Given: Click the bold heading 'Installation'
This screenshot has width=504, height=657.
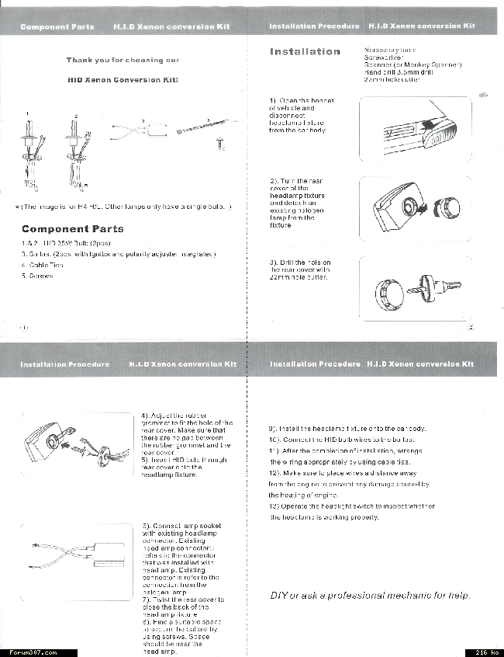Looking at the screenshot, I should point(305,52).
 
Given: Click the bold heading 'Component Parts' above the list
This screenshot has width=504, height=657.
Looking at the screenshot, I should point(72,229).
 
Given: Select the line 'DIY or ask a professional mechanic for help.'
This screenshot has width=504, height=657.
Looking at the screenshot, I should point(370,596).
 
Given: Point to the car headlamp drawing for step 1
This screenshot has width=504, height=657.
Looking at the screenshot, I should point(416,129).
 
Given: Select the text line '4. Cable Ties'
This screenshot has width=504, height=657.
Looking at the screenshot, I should point(44,265).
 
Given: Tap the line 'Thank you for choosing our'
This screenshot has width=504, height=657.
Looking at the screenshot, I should point(123,60).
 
